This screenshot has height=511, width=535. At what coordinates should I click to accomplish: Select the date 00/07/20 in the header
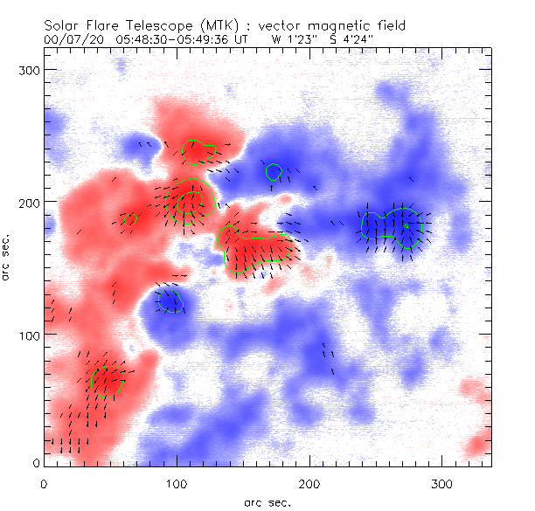73,39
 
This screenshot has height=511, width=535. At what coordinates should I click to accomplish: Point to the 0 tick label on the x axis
44,483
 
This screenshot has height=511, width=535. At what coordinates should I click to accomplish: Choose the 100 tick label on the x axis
177,483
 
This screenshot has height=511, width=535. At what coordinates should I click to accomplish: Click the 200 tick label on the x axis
310,483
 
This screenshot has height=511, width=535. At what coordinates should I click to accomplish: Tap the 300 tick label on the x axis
443,483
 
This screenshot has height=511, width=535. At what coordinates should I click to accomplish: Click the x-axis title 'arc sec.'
267,502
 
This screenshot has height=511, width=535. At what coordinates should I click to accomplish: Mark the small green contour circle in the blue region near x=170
274,172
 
